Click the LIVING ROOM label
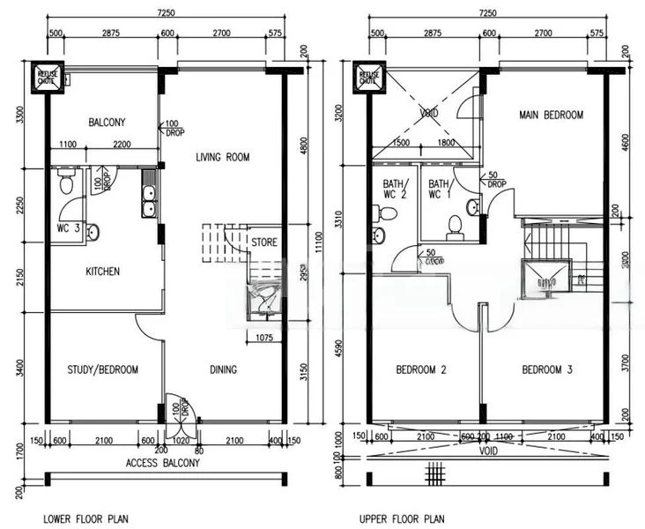click(x=223, y=158)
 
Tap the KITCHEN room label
click(x=102, y=272)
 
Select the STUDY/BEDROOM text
click(x=102, y=370)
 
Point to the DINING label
click(x=223, y=370)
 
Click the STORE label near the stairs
click(x=263, y=241)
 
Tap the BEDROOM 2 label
click(x=420, y=370)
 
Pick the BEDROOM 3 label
click(x=546, y=370)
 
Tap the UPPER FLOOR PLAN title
click(x=401, y=520)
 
